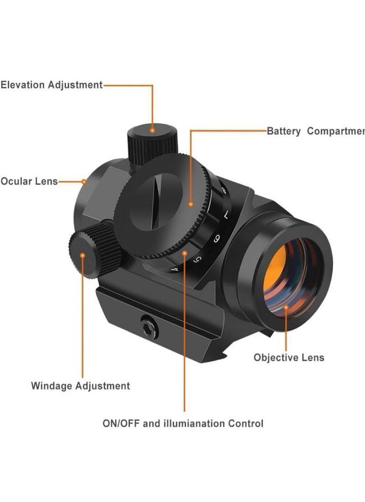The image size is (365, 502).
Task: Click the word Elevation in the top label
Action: [x=23, y=85]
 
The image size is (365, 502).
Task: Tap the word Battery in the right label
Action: [x=283, y=131]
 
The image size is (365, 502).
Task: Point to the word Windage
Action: [x=52, y=386]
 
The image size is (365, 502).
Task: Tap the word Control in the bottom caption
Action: [x=245, y=424]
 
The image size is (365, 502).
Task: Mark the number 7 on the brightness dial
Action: [x=226, y=215]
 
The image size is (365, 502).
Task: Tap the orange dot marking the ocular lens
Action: [x=84, y=182]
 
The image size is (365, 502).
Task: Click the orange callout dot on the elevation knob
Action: [x=152, y=131]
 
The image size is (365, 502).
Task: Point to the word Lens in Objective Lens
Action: [x=313, y=358]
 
